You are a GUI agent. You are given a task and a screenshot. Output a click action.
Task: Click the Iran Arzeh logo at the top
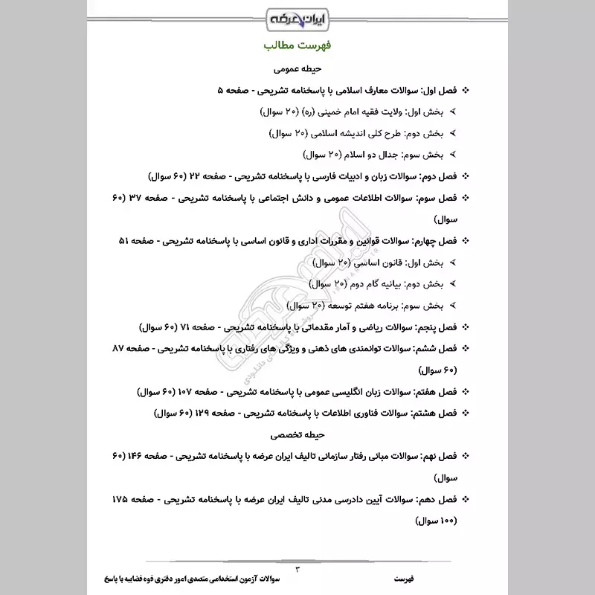coord(297,17)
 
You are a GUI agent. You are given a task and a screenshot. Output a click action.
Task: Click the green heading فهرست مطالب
coord(297,46)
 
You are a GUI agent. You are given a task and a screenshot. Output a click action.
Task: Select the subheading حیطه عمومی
coord(297,68)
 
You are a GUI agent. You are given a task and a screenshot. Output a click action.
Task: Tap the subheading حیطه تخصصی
coord(297,432)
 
